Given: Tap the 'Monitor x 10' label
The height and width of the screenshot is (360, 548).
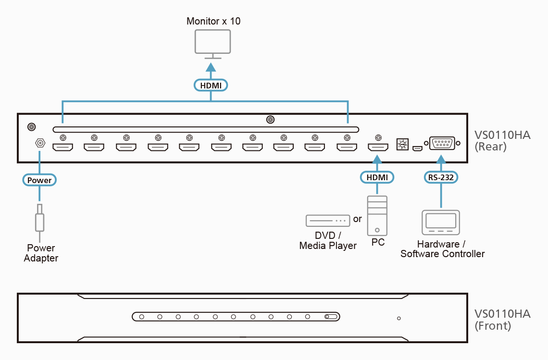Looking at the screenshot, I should click(213, 21).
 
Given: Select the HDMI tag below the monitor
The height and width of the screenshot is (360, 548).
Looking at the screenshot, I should click(211, 85).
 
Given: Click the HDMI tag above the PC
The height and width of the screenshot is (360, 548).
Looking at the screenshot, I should click(377, 177).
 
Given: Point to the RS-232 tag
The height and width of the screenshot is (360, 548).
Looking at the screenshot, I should click(441, 177).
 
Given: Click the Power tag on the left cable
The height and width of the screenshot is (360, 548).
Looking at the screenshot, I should click(39, 180).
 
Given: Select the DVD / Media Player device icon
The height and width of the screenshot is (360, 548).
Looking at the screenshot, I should click(327, 221).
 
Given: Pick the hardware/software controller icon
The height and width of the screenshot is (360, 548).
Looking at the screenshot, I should click(440, 223).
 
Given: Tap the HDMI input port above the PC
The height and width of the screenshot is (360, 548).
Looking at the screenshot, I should click(378, 147).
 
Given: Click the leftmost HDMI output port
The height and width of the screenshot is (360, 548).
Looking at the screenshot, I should click(62, 147).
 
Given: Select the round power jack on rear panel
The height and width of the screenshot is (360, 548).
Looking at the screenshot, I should click(40, 143).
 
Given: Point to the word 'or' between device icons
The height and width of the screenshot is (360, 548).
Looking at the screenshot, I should click(357, 219).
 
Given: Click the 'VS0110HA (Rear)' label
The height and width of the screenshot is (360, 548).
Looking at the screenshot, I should click(502, 141).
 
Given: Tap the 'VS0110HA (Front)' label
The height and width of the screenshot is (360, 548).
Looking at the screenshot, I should click(502, 320).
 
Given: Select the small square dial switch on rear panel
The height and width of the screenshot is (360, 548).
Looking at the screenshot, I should click(401, 144).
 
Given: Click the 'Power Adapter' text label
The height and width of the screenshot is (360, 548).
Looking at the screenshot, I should click(41, 253).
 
